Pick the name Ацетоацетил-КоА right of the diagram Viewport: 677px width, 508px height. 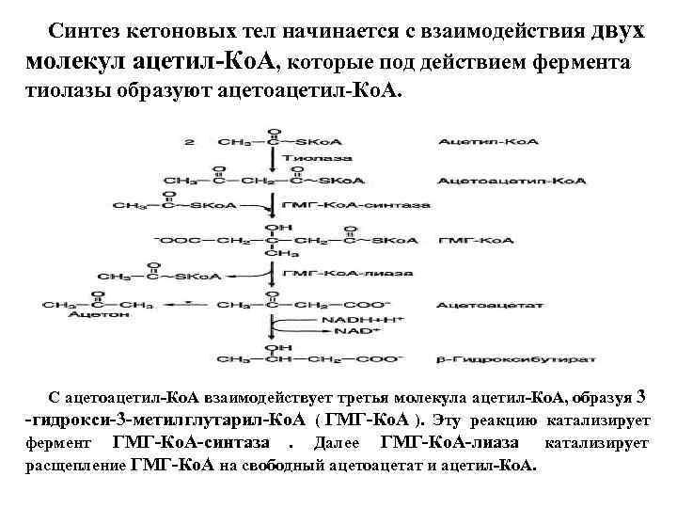(484, 179)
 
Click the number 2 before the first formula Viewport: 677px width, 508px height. (192, 142)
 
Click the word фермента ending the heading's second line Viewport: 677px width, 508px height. (587, 62)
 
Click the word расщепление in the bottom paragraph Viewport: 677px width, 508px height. (80, 465)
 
